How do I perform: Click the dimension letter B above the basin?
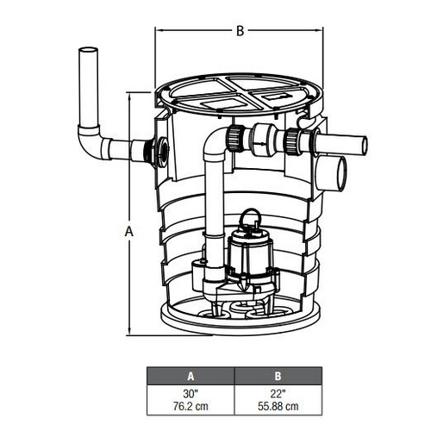[x=240, y=31]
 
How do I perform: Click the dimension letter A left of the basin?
[x=129, y=231]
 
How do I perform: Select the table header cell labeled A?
[x=191, y=376]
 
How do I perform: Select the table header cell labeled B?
[x=278, y=376]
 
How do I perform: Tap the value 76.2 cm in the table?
[x=191, y=406]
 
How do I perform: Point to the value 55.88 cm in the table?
[x=278, y=406]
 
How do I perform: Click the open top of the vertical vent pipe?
[x=88, y=50]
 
